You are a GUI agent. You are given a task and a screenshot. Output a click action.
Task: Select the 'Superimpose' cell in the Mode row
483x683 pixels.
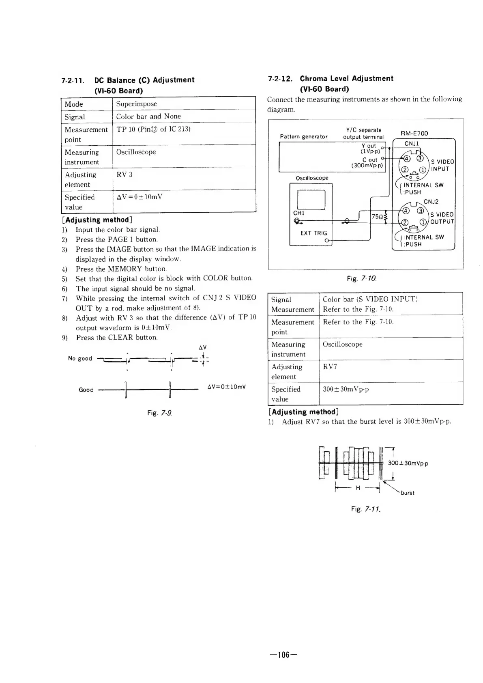pos(136,104)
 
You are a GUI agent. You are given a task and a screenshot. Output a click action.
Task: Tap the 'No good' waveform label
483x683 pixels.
pos(80,358)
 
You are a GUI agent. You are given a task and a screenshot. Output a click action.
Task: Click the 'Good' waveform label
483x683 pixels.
pos(86,390)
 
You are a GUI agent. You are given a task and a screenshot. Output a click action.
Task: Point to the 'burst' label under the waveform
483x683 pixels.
pos(407,493)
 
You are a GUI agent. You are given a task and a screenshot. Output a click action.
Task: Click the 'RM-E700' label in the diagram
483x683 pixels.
pos(414,134)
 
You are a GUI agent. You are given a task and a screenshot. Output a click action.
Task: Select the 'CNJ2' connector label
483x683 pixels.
pos(431,202)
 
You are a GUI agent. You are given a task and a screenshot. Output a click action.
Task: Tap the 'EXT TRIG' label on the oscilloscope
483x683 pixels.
pos(313,233)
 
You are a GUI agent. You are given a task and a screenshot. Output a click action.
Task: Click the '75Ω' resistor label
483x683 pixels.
pos(377,217)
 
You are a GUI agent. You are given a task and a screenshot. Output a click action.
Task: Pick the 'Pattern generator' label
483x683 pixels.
pos(304,137)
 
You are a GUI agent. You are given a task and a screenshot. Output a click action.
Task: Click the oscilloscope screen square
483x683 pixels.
pos(311,200)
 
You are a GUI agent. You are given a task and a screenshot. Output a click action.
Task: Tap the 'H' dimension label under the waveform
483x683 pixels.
pos(358,488)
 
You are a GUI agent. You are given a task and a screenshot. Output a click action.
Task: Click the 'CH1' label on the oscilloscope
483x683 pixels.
pos(298,213)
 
